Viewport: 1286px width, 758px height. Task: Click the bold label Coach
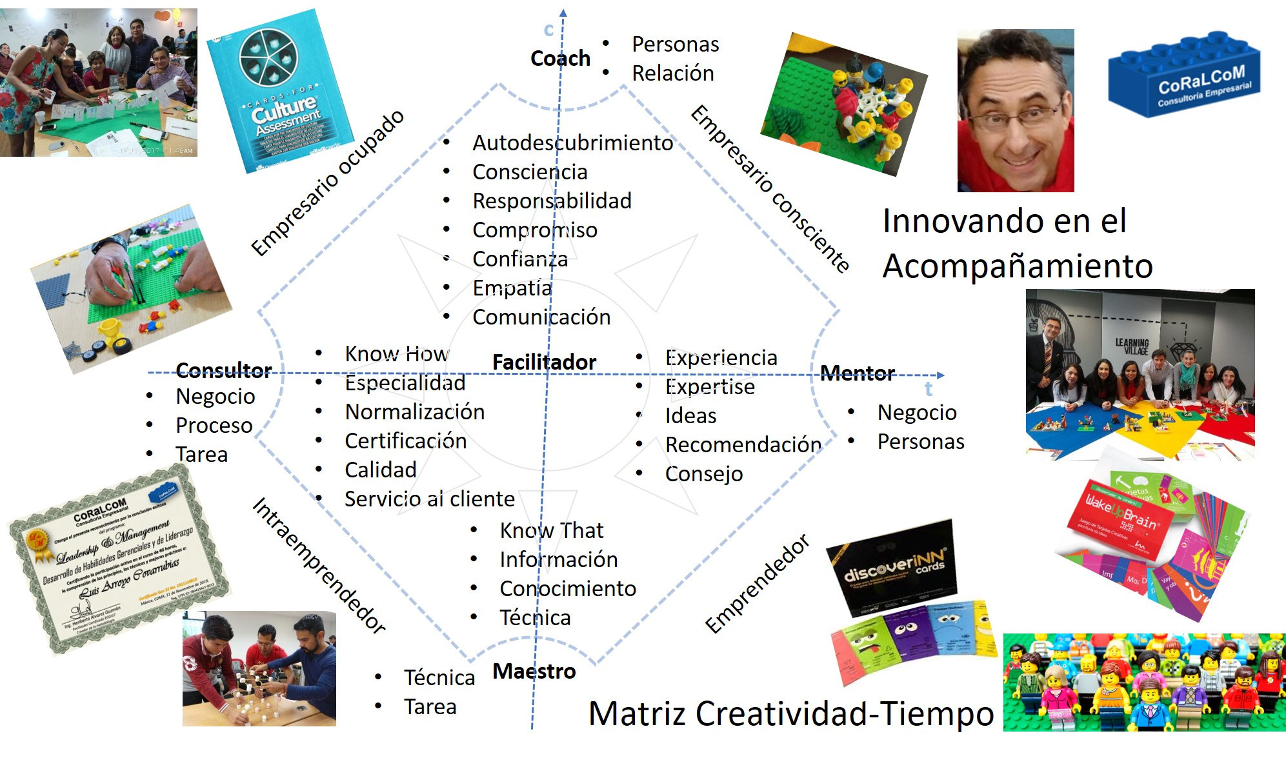[x=560, y=58]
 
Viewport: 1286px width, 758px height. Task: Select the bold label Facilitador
[x=544, y=362]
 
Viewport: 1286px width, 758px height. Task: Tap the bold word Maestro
[x=534, y=671]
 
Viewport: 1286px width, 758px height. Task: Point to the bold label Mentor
[x=858, y=373]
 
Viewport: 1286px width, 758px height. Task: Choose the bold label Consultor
[x=223, y=370]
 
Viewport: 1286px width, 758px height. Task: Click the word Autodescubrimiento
[x=572, y=143]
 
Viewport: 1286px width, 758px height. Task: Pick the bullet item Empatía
[x=512, y=288]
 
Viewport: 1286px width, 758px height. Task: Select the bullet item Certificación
[x=405, y=441]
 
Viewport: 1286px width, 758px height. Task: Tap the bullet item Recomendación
[x=743, y=444]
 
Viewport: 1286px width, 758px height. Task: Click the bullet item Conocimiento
[x=568, y=588]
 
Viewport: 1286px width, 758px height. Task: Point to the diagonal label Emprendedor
[x=757, y=584]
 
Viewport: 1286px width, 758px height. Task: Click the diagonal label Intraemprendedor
[x=319, y=565]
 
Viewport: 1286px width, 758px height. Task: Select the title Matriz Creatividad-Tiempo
[x=791, y=713]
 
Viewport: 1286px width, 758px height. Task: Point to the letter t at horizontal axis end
[x=928, y=389]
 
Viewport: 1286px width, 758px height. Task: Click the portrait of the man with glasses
[x=1015, y=110]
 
